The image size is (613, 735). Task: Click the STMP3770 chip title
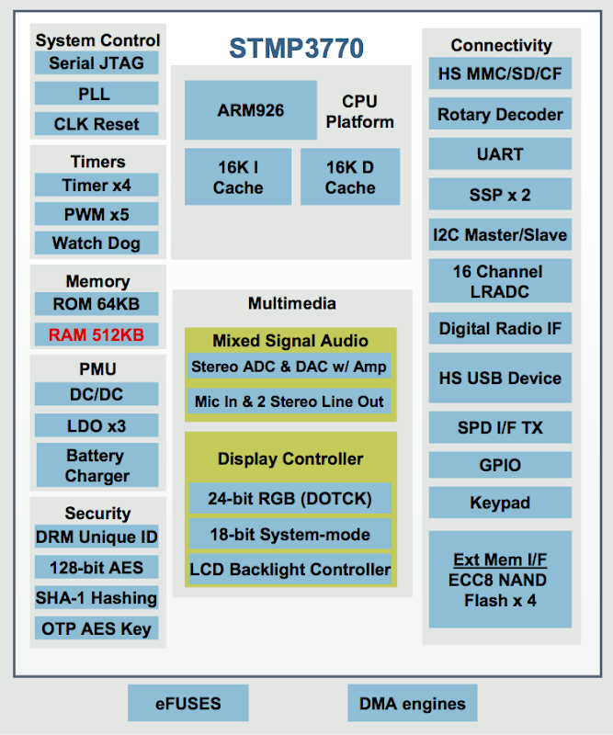[x=296, y=49]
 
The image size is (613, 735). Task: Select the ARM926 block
[x=251, y=110]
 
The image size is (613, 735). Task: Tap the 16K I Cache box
[x=238, y=176]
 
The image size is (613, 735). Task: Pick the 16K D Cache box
[x=350, y=176]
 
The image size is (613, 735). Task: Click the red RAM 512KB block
[x=96, y=334]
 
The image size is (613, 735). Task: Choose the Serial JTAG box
[x=96, y=63]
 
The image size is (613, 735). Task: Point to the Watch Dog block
[x=96, y=243]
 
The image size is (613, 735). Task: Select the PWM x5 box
[x=96, y=214]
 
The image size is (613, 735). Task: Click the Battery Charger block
[x=97, y=465]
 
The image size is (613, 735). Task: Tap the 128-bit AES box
[x=96, y=567]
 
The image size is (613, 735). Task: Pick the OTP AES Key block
[x=96, y=628]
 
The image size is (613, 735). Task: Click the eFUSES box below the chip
[x=188, y=703]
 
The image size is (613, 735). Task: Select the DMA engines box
[x=413, y=703]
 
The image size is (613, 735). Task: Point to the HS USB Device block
[x=500, y=378]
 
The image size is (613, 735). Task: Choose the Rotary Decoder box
[x=500, y=114]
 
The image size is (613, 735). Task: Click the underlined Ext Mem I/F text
[x=500, y=560]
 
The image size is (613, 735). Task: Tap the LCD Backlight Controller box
[x=290, y=570]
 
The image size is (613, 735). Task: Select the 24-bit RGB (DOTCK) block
[x=290, y=498]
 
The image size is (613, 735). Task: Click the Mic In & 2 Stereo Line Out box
[x=289, y=401]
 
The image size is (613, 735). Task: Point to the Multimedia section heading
[x=291, y=303]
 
